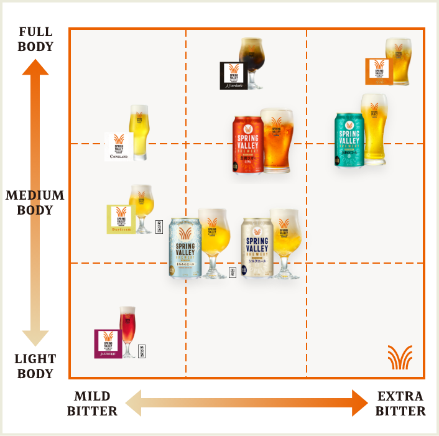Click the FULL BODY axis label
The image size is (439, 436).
pos(35,39)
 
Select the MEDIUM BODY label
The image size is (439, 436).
pos(35,202)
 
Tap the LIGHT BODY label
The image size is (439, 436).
pos(35,366)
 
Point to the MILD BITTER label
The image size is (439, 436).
pos(92,404)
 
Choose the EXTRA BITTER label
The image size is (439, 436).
pos(400,404)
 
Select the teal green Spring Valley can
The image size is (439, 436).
pos(348,139)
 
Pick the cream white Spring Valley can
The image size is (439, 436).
pos(256,248)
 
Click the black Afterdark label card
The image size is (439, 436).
pos(233,75)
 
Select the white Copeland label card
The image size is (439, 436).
pos(119,146)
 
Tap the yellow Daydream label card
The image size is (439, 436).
pos(121,219)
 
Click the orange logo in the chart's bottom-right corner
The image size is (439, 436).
pos(400,357)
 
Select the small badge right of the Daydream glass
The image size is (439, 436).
pos(159,227)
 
